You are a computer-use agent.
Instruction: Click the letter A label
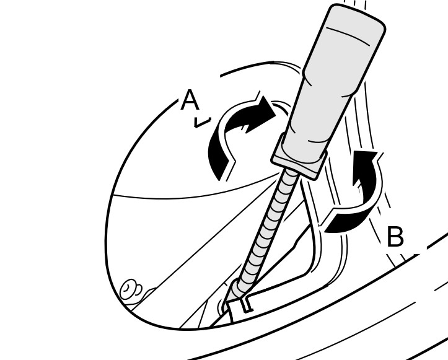[x=190, y=100]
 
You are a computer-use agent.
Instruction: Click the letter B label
[x=396, y=236]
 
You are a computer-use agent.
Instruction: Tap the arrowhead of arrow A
[x=265, y=112]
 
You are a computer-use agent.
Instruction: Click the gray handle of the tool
[x=336, y=75]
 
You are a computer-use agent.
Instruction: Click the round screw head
[x=129, y=290]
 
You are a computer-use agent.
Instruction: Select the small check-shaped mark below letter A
[x=203, y=122]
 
